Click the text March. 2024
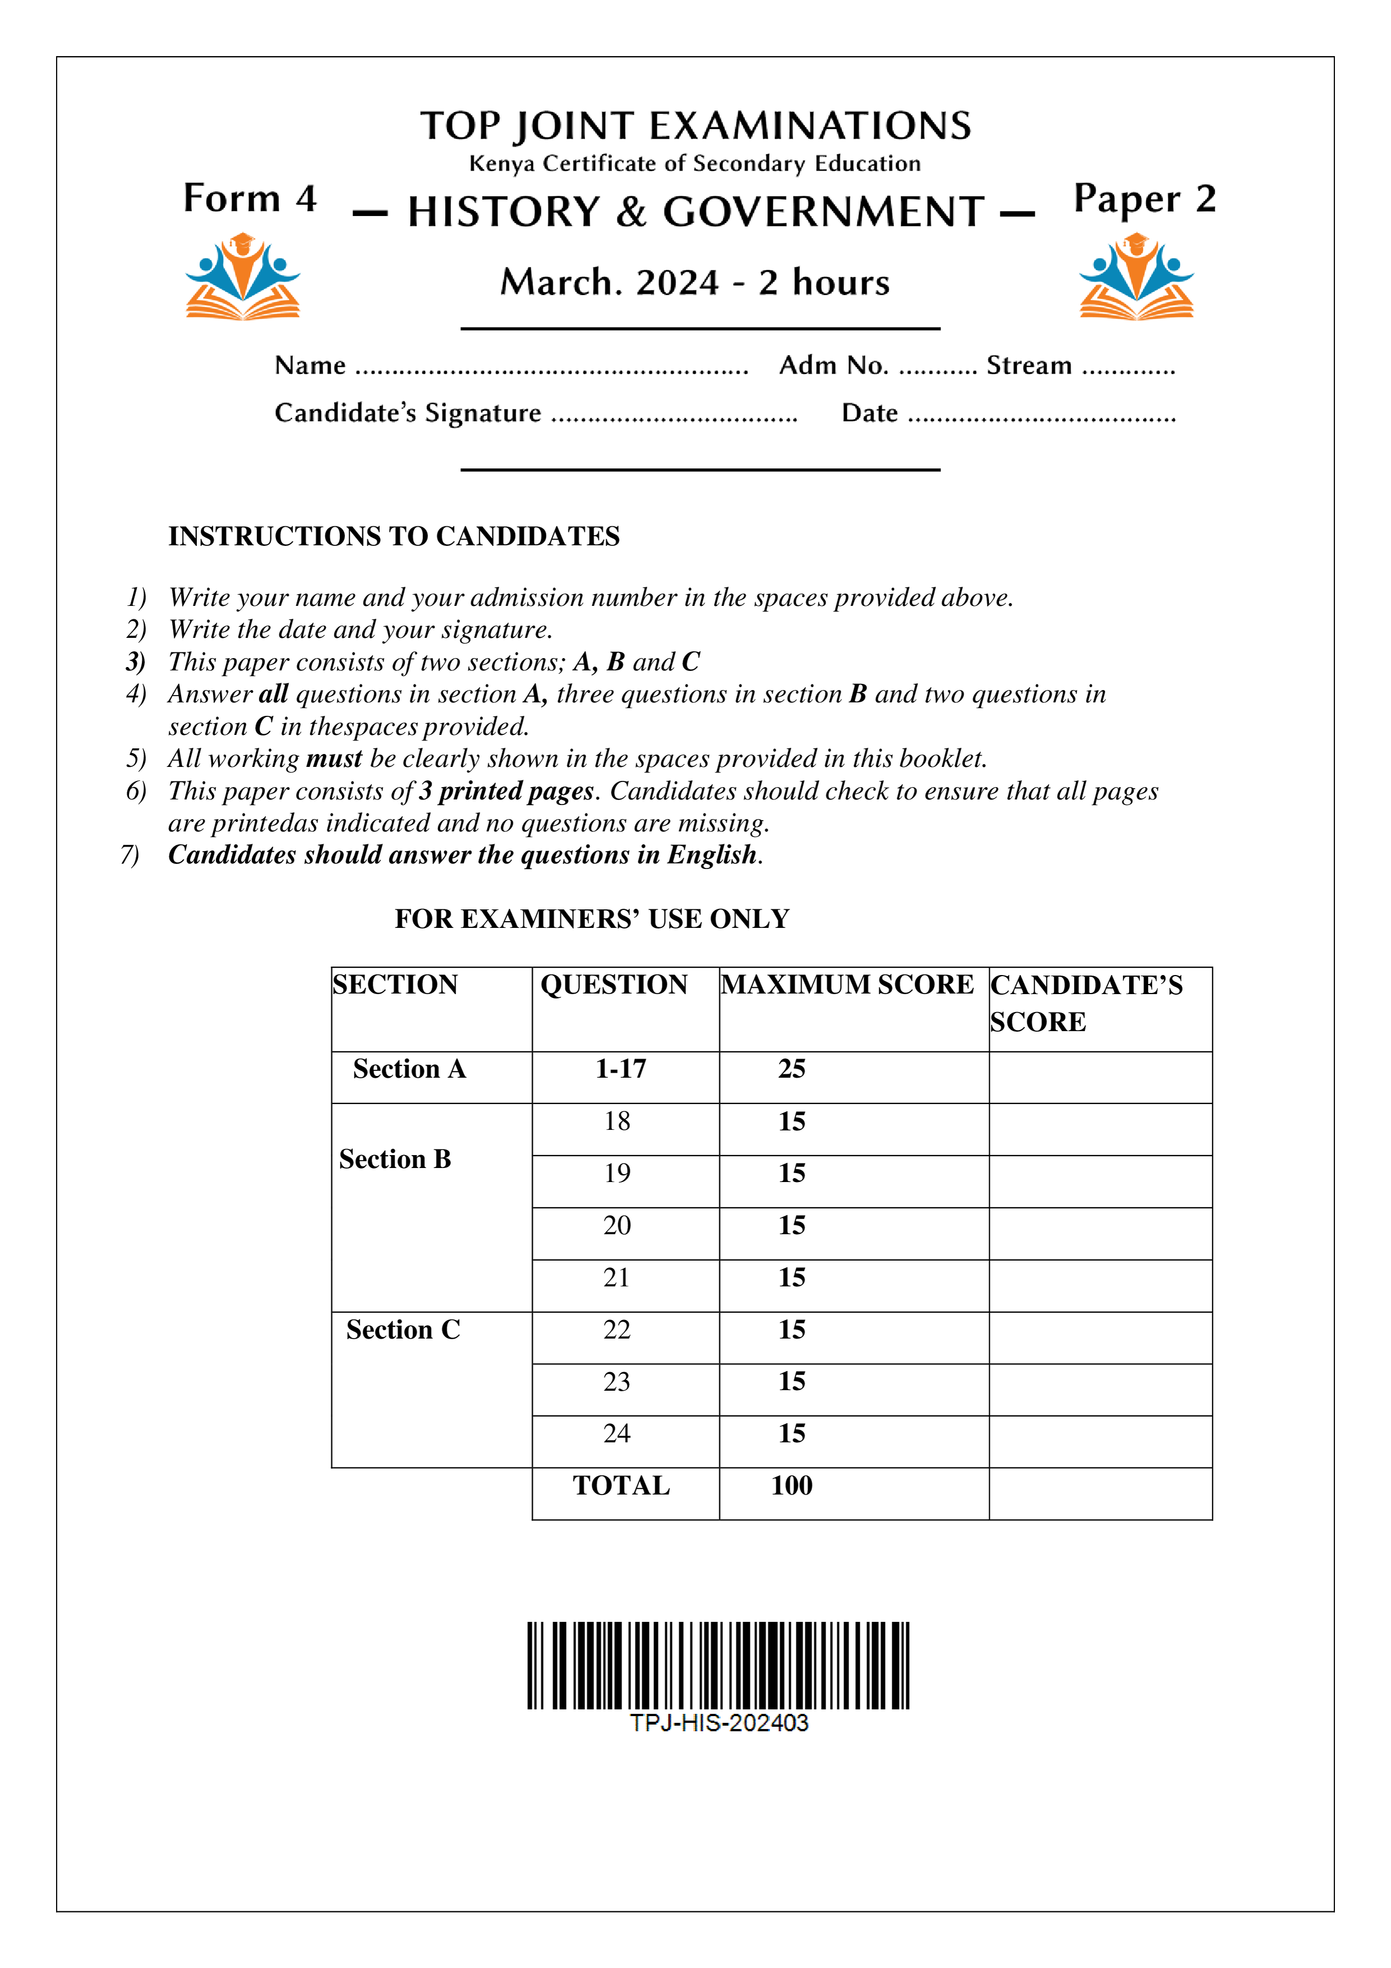click(x=609, y=283)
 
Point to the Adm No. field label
click(x=833, y=366)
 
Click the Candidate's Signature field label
click(x=408, y=413)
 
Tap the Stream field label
click(x=1029, y=366)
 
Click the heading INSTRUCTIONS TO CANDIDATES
click(x=393, y=536)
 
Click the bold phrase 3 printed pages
click(x=506, y=790)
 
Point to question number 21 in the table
click(x=616, y=1278)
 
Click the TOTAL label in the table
click(x=621, y=1486)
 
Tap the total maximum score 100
click(x=791, y=1486)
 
